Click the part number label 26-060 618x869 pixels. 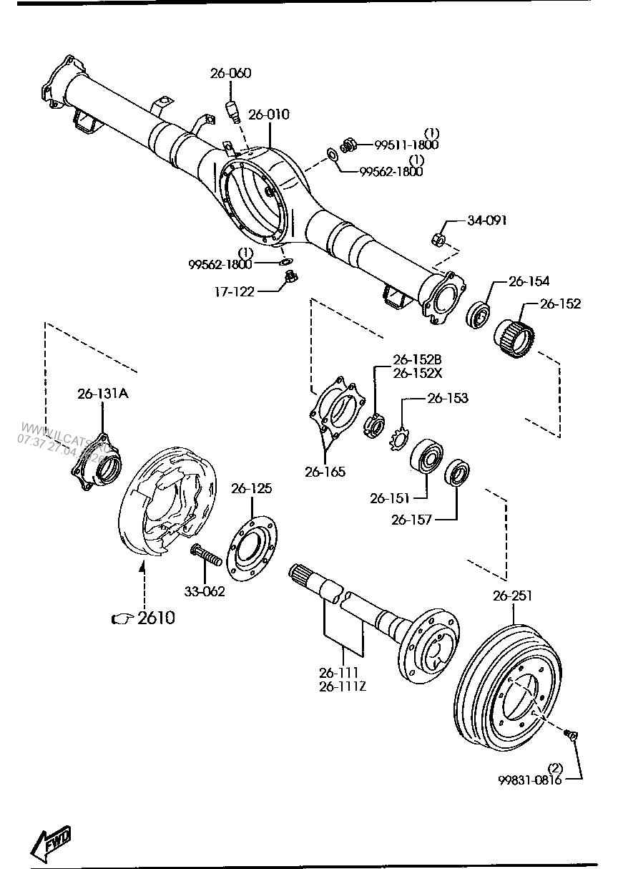point(230,73)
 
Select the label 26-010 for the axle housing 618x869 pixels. point(270,115)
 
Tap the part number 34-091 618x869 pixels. point(486,220)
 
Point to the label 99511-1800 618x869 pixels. point(406,145)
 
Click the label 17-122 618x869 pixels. point(234,292)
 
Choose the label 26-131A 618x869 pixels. point(103,393)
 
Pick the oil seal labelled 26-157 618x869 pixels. point(458,473)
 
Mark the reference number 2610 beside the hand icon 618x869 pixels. point(156,617)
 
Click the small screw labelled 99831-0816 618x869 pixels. point(570,734)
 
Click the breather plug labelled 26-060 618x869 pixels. point(232,111)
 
